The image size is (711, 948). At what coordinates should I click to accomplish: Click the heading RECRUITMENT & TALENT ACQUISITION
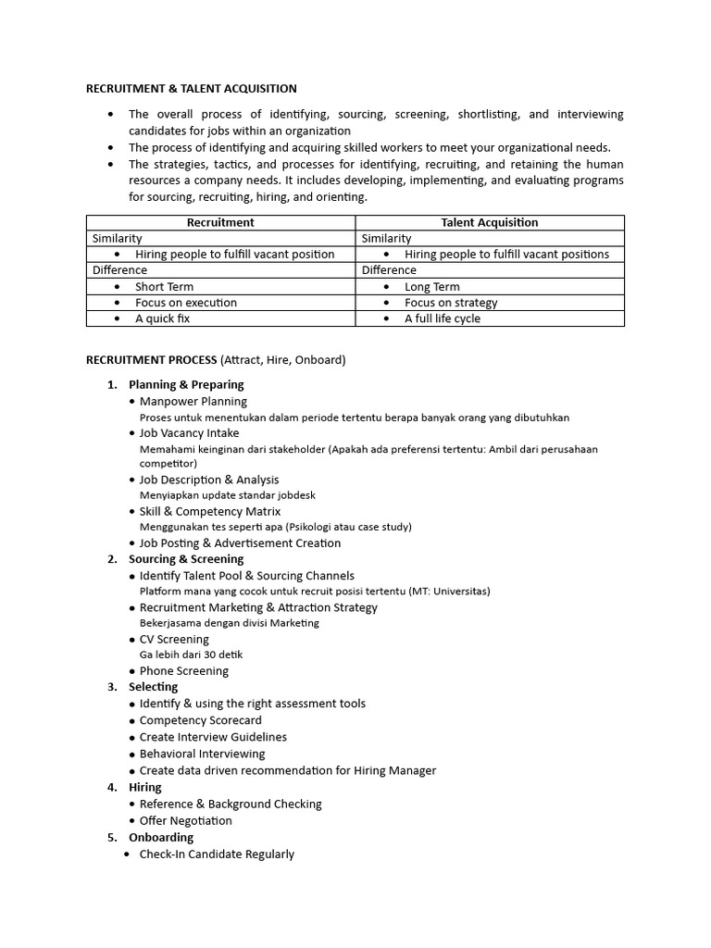coord(192,89)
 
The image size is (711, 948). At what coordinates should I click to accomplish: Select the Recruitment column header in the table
coord(220,222)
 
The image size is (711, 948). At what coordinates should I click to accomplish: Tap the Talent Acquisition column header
coord(490,222)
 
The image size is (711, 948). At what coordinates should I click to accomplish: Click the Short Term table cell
coord(164,287)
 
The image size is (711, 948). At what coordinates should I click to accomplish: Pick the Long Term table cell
coord(431,287)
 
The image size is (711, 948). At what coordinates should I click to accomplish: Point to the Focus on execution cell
coord(185,303)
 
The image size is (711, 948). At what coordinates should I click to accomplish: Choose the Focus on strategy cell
coord(450,303)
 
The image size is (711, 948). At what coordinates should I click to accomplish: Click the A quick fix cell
coord(162,318)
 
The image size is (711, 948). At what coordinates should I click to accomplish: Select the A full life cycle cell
coord(442,318)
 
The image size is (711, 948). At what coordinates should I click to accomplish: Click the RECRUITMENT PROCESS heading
coord(151,359)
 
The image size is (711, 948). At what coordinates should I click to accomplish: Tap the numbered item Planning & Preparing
coord(186,384)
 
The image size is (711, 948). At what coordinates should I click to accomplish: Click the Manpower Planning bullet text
coord(193,402)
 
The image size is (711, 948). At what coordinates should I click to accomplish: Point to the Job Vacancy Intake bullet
coord(189,433)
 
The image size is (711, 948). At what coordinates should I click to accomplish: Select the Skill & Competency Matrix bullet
coord(209,511)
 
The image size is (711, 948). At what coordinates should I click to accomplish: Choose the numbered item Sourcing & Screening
coord(186,559)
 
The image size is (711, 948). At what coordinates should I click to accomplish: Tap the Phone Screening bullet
coord(183,671)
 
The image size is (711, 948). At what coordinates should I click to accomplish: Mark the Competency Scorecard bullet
coord(200,720)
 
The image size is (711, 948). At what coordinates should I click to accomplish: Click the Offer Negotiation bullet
coord(185,820)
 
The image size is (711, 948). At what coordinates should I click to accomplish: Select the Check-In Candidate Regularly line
coord(217,854)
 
